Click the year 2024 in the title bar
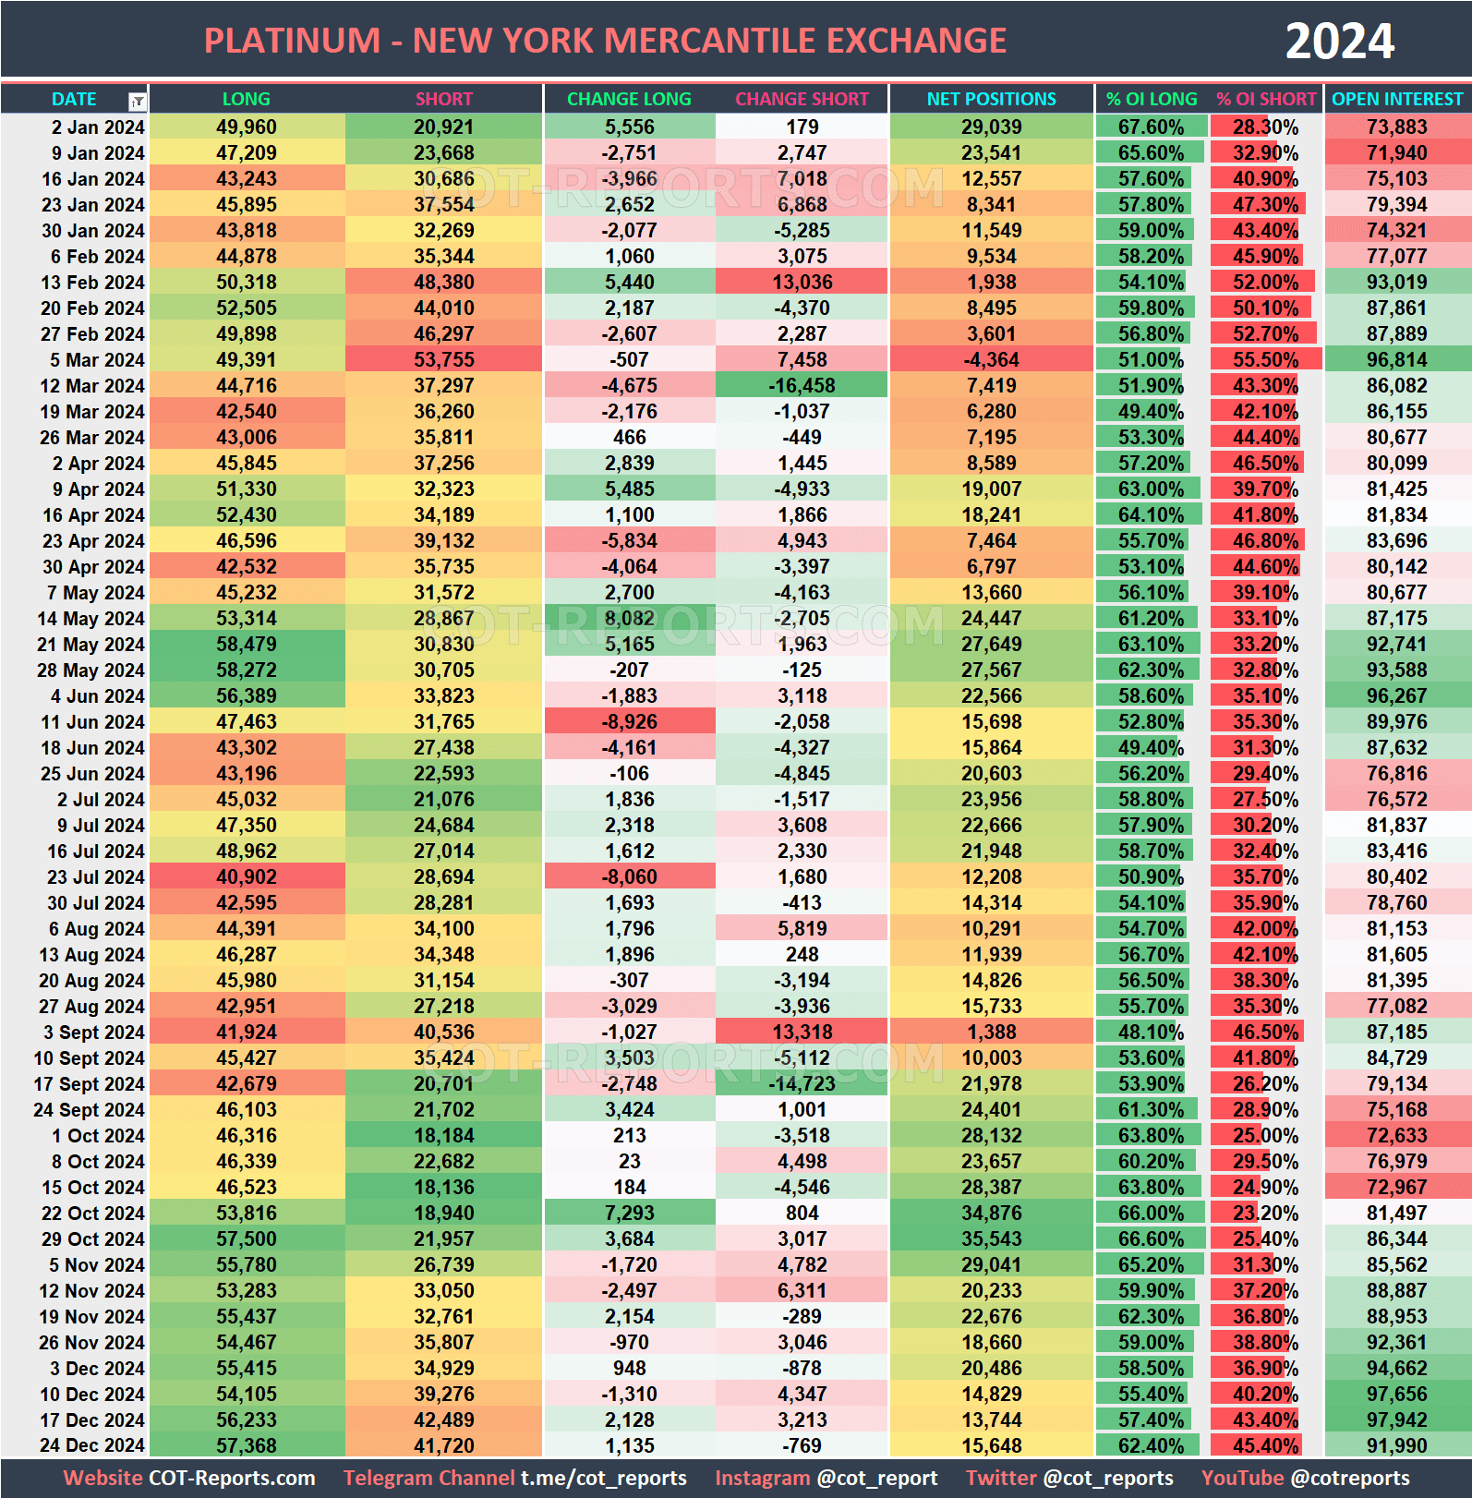[1339, 42]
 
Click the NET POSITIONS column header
[991, 99]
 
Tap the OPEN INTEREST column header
[1396, 99]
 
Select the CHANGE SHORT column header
[802, 99]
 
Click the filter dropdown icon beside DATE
[137, 101]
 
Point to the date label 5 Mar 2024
[96, 360]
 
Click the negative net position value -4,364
[991, 360]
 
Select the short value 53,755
[443, 360]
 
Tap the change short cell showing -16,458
[802, 386]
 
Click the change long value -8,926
[629, 722]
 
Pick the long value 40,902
[247, 877]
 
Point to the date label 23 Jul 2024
[95, 877]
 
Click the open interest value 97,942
[1396, 1420]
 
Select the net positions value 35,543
[991, 1239]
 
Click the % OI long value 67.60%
[1151, 127]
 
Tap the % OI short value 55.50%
[1265, 360]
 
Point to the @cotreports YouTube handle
[1349, 1478]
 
